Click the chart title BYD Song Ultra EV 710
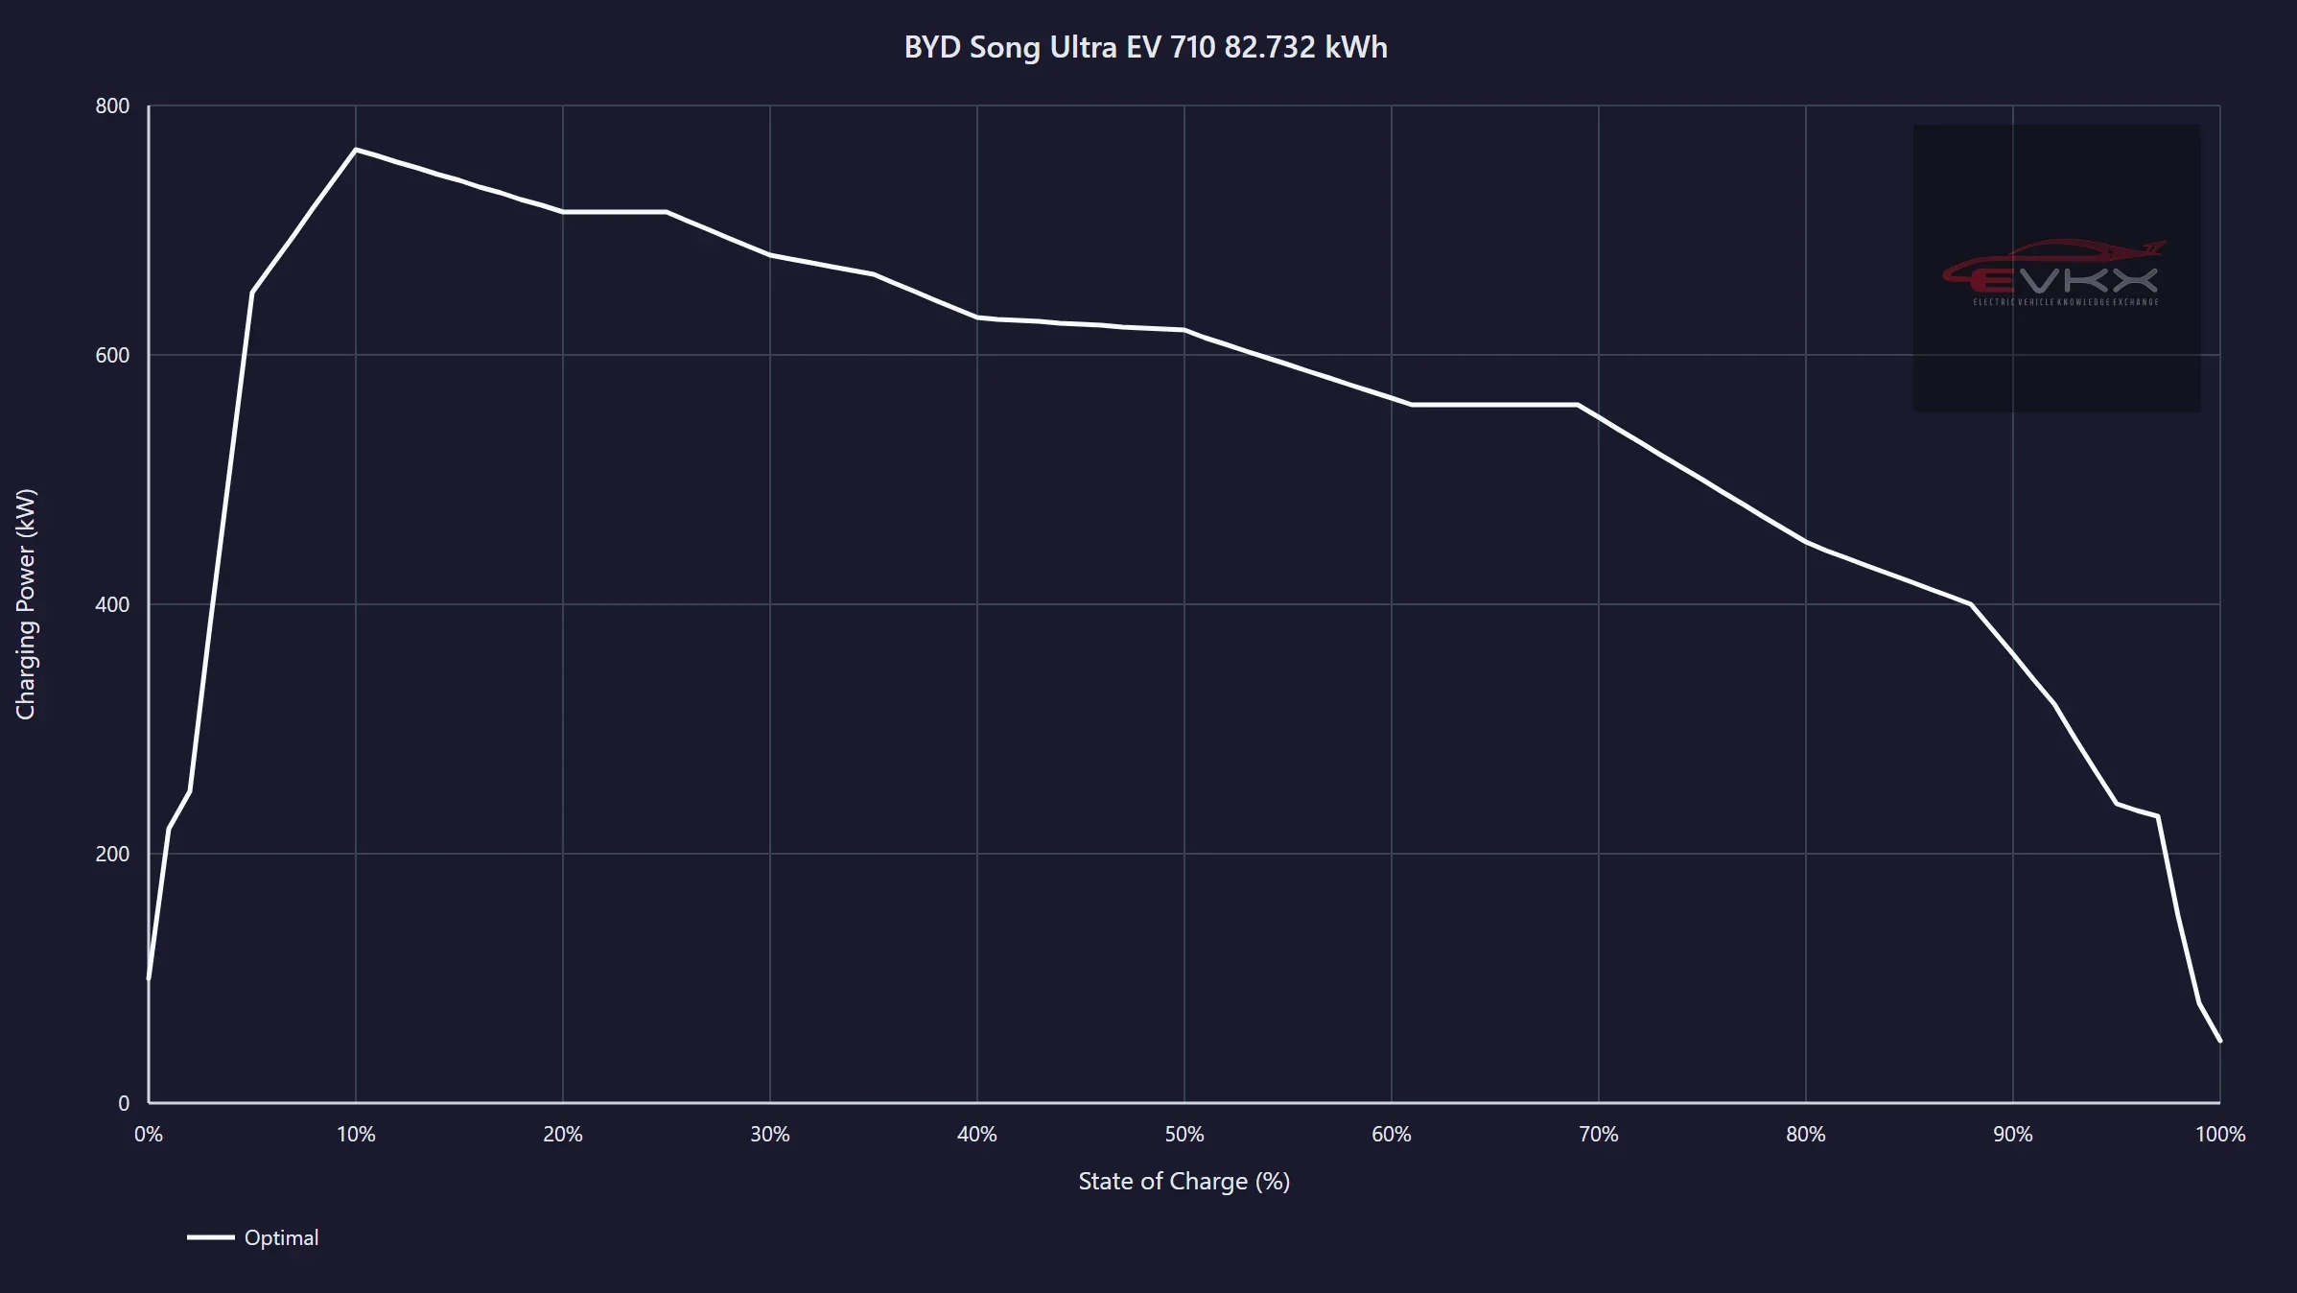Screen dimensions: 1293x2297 [x=1145, y=48]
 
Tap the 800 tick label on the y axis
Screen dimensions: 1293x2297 [x=112, y=106]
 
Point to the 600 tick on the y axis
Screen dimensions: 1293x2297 [x=112, y=356]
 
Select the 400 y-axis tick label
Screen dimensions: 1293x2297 [x=112, y=605]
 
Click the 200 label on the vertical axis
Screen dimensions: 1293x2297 [x=112, y=855]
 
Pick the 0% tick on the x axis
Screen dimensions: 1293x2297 [x=149, y=1135]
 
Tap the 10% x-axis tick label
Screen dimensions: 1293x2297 [x=356, y=1135]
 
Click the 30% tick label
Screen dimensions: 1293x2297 [x=770, y=1135]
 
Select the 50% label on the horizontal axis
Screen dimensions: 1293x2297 [x=1184, y=1135]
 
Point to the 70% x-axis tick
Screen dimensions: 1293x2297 [x=1599, y=1135]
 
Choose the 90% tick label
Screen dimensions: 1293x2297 [x=2013, y=1135]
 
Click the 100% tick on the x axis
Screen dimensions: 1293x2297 [x=2220, y=1135]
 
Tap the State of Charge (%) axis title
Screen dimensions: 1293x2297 [x=1184, y=1182]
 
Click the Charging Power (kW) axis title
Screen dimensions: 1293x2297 [x=26, y=604]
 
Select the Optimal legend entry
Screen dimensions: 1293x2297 [x=253, y=1238]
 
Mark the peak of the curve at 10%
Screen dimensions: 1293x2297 [x=356, y=150]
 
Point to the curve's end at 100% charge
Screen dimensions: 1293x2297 [x=2219, y=1041]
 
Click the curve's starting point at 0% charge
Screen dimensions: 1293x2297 [x=149, y=978]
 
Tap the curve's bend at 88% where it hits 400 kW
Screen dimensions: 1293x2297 [x=1971, y=604]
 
